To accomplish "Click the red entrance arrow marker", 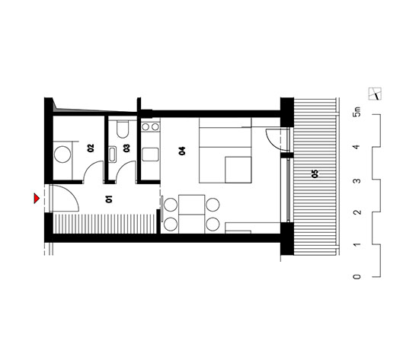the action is (x=37, y=198).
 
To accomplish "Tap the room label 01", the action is (x=109, y=199).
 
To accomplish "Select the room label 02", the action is (x=91, y=148).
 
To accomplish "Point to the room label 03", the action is (x=126, y=148).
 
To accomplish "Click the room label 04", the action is (x=182, y=151).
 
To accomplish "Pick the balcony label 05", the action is (x=315, y=174).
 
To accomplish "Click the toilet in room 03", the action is (x=123, y=129).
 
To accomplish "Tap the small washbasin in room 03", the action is (x=113, y=155).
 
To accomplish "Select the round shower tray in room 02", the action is (x=62, y=155).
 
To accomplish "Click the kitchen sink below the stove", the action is (x=150, y=155).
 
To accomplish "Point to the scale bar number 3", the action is (x=357, y=181).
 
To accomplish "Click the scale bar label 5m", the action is (x=357, y=112).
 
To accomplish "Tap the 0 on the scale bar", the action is (x=357, y=277).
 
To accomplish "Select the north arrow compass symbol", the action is (x=375, y=94).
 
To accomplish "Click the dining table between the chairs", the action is (x=191, y=214).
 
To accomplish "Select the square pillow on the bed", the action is (x=238, y=170).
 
